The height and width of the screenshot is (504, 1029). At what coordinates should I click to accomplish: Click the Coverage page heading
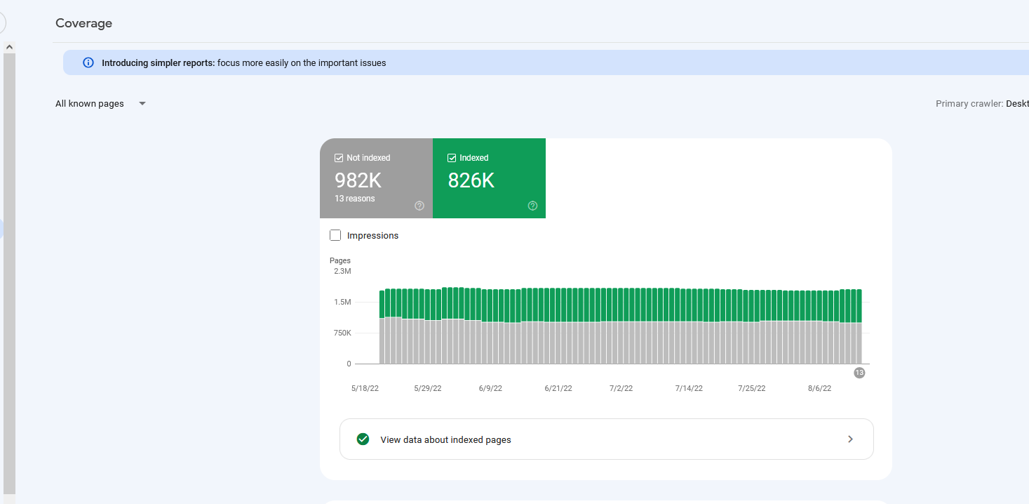[x=83, y=23]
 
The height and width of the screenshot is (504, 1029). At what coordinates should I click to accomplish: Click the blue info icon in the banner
[x=88, y=62]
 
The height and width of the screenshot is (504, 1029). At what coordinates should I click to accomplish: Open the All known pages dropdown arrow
[x=142, y=103]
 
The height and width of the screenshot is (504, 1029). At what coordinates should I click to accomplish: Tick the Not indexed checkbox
[x=339, y=158]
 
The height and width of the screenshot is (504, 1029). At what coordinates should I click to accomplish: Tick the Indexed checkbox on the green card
[x=452, y=158]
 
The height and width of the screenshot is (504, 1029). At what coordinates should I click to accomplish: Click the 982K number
[x=358, y=180]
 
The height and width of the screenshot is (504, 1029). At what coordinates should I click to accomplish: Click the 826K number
[x=471, y=180]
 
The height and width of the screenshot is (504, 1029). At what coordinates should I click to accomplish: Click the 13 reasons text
[x=355, y=199]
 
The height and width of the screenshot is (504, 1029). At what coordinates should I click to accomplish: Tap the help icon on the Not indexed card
[x=419, y=206]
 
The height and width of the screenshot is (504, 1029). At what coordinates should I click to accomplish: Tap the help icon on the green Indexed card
[x=532, y=206]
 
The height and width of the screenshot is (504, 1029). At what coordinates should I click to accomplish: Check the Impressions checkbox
[x=335, y=235]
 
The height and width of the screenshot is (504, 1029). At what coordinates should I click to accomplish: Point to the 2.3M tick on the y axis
[x=342, y=272]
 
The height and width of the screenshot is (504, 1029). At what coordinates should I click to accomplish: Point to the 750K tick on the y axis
[x=342, y=333]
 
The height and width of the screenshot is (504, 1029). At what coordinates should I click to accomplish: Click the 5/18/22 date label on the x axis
[x=365, y=388]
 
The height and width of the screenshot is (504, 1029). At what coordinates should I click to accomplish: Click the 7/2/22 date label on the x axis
[x=621, y=388]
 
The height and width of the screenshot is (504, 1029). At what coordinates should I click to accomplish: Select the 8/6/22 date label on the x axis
[x=819, y=388]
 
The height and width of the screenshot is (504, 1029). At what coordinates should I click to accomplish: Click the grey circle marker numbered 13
[x=859, y=373]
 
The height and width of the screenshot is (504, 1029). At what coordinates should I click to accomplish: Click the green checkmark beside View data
[x=363, y=439]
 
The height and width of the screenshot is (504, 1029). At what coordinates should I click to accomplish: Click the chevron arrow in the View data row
[x=850, y=439]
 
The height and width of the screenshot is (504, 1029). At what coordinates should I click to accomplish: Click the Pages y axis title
[x=340, y=260]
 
